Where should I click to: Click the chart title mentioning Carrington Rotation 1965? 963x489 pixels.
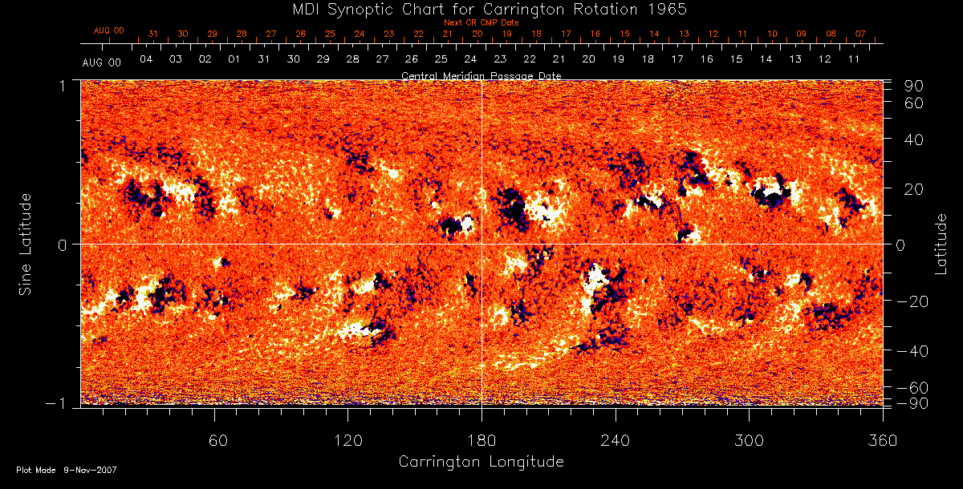pos(481,9)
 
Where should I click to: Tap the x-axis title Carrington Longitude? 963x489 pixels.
pos(481,462)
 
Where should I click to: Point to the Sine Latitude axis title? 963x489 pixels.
pos(26,243)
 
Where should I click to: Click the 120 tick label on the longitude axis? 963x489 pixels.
pos(348,440)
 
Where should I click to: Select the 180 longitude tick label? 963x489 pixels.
pos(481,440)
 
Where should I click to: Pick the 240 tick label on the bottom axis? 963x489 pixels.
pos(615,440)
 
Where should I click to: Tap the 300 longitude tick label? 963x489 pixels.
pos(749,440)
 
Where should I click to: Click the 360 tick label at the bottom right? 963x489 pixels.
pos(882,440)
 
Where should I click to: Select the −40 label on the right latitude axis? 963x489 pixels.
pos(912,350)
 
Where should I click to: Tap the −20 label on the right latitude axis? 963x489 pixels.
pos(912,301)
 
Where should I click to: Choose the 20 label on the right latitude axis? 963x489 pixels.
pos(916,188)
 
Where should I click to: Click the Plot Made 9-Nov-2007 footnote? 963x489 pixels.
pos(67,470)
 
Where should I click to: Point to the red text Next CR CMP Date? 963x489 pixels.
pos(481,22)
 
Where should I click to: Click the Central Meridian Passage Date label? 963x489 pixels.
pos(481,75)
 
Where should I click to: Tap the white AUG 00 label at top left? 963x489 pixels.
pos(103,62)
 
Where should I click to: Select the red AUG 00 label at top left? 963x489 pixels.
pos(109,30)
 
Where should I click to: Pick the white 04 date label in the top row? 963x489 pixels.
pos(146,60)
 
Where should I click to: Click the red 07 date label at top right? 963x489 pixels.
pos(860,34)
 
